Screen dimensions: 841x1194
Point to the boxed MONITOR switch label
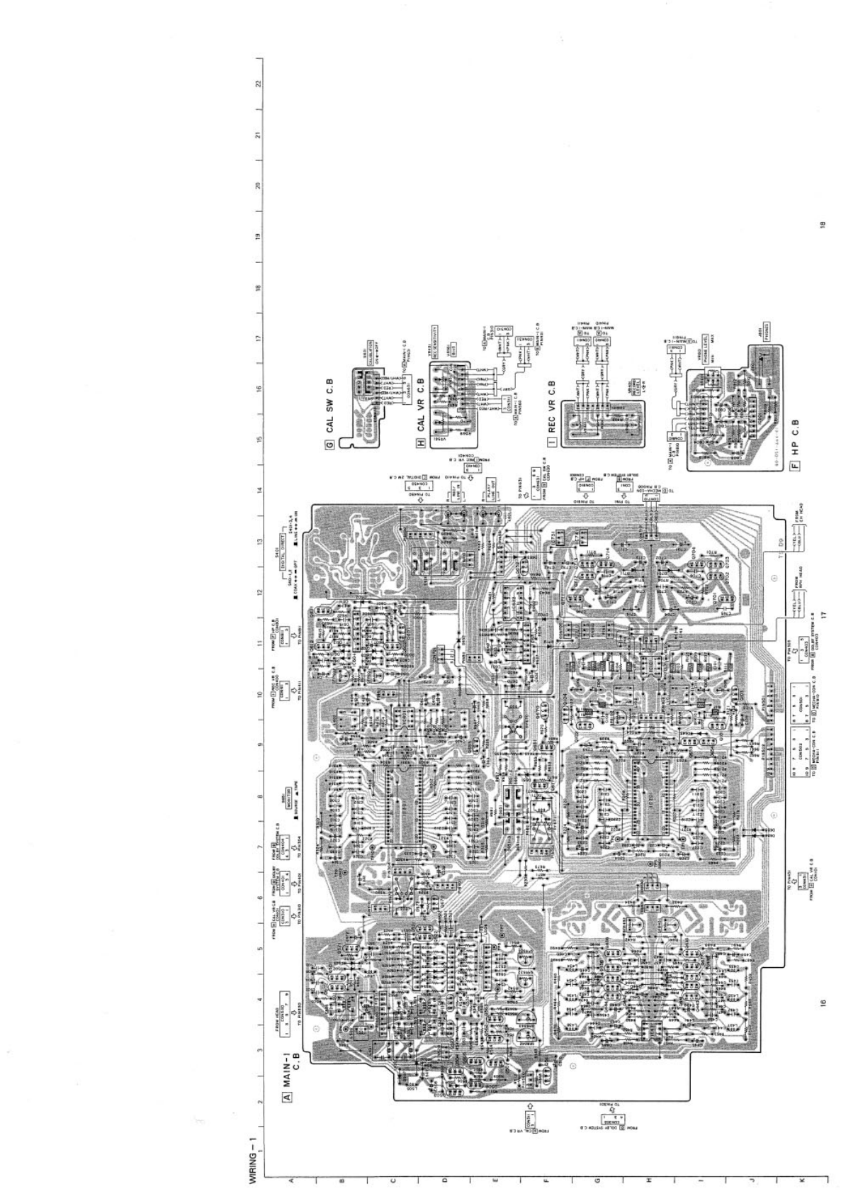[x=288, y=794]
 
